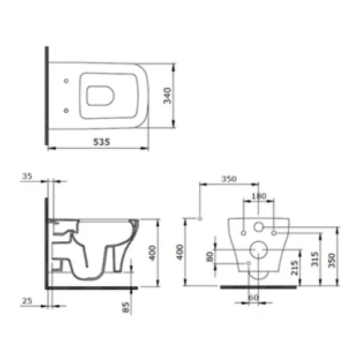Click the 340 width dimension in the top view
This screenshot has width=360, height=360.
coord(167,95)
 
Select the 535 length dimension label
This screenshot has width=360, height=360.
coord(102,142)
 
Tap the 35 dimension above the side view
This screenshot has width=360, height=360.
coord(27,176)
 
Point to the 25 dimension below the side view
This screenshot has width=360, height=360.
coord(27,301)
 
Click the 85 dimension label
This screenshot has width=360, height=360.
coord(126,307)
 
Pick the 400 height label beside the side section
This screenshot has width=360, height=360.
coord(152,253)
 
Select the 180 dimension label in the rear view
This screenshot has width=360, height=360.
coord(259,196)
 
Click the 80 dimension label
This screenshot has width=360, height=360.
coord(209,257)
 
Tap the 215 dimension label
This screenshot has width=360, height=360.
coord(295,268)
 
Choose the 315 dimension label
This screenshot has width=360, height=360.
coord(315,259)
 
